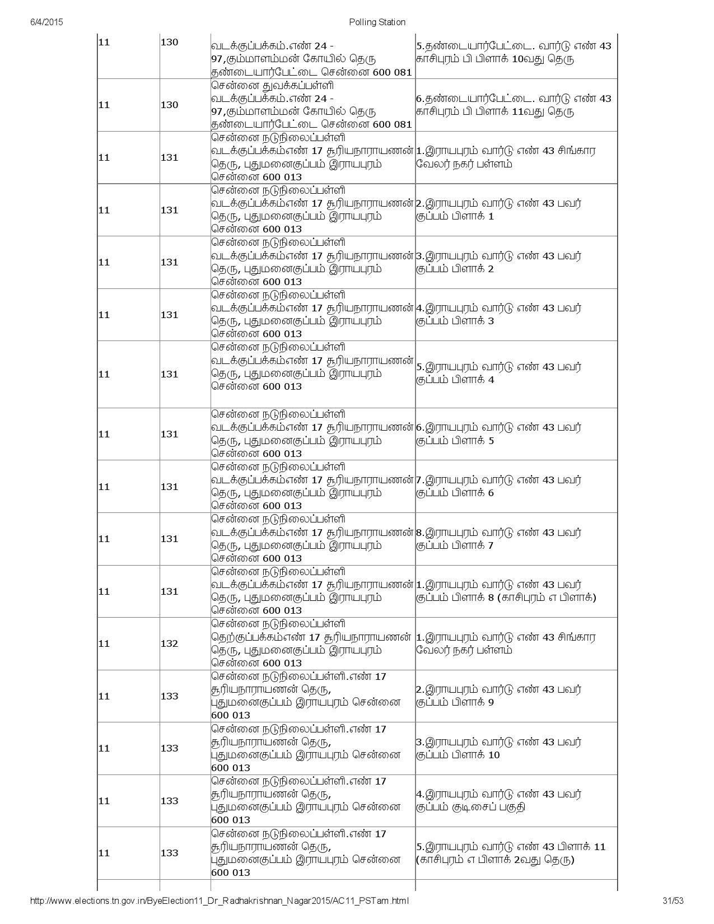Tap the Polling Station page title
[377, 22]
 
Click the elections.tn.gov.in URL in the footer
[219, 901]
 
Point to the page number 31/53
[672, 901]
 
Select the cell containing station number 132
[169, 643]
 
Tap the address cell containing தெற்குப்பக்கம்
[312, 643]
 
